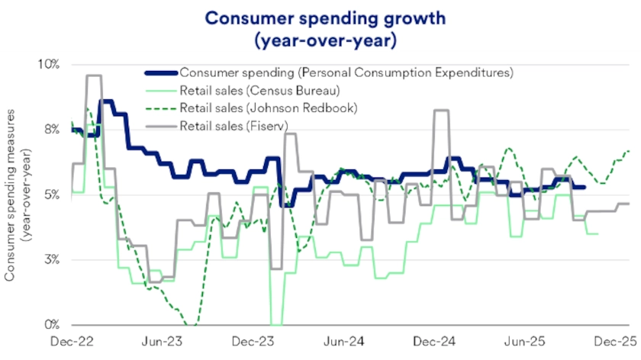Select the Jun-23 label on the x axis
click(163, 342)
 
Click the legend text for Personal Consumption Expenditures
click(346, 73)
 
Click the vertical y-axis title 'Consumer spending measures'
click(13, 194)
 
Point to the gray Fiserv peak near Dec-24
click(440, 111)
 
